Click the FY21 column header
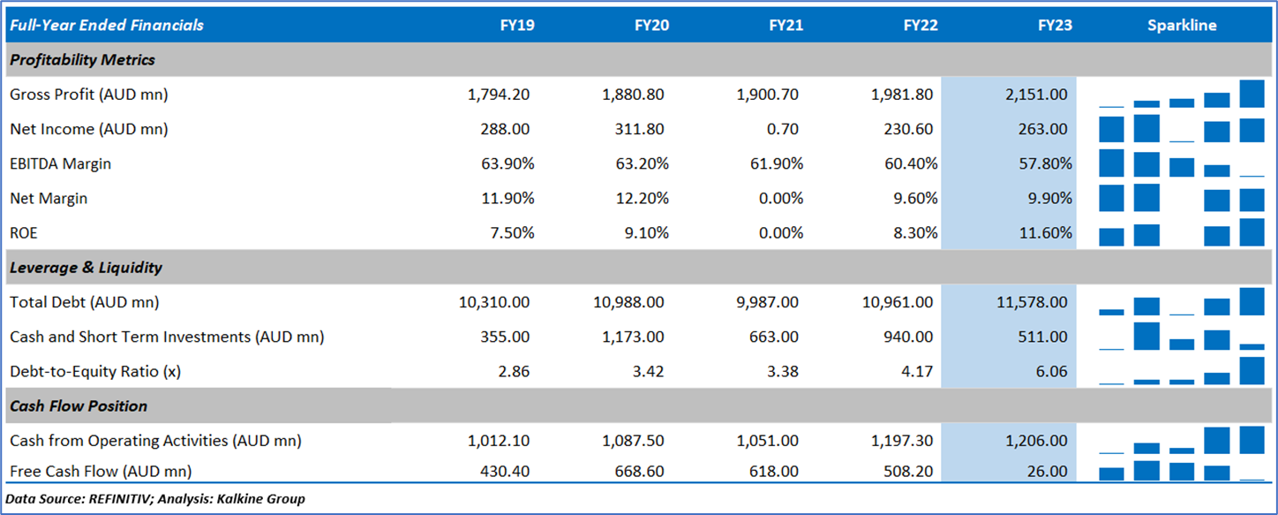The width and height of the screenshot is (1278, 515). (786, 26)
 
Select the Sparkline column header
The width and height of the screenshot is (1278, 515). (1182, 26)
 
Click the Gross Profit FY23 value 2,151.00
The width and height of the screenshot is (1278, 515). (1035, 95)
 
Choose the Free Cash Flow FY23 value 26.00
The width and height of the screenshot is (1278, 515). (1049, 472)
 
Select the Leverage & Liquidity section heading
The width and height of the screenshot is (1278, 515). (86, 268)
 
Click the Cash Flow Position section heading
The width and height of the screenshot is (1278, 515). (79, 406)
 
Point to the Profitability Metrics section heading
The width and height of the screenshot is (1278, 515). (82, 60)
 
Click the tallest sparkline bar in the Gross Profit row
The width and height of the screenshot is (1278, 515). (1252, 93)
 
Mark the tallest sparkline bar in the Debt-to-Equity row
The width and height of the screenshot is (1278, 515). (1252, 371)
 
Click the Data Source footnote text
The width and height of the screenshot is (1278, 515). (155, 499)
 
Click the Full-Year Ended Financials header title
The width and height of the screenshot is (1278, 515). (106, 26)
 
